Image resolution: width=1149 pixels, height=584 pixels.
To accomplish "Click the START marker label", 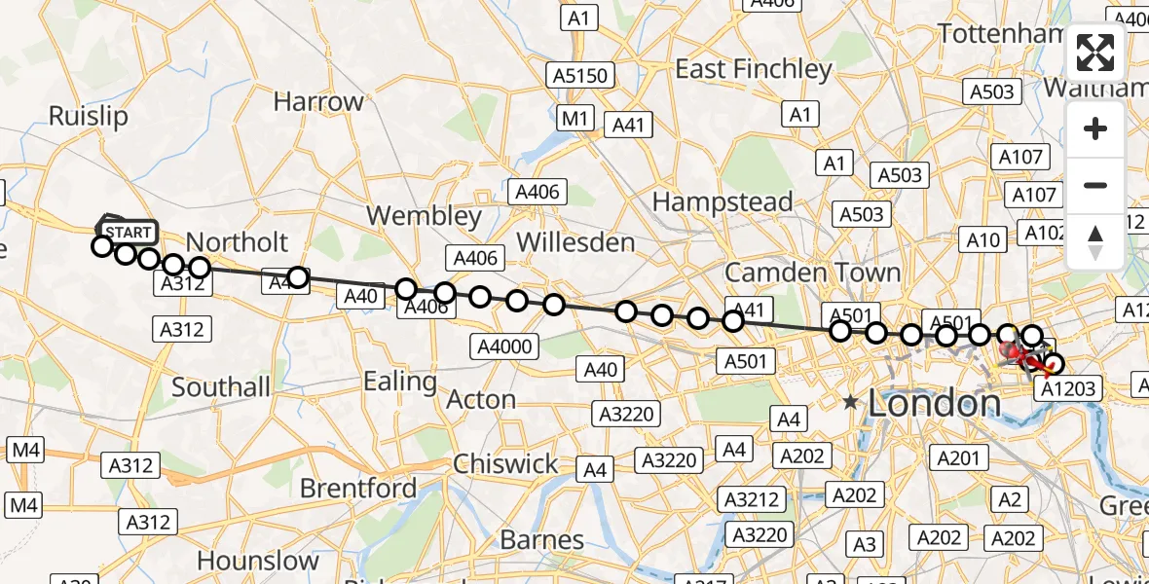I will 127,233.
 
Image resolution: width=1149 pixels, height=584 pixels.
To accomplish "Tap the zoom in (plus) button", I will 1095,129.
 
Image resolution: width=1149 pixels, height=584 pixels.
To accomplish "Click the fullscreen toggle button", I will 1095,53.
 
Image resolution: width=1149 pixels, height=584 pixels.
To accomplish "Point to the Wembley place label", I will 425,216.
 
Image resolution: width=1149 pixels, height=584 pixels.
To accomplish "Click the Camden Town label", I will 812,273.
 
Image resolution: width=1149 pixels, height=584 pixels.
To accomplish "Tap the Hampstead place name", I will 722,201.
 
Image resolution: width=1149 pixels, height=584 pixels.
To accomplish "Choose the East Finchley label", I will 754,69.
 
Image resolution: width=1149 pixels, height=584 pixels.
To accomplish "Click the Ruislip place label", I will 88,117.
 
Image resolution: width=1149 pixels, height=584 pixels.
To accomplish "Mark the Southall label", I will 221,387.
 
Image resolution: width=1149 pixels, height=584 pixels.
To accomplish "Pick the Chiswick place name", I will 505,463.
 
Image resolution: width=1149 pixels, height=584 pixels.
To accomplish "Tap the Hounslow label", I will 257,561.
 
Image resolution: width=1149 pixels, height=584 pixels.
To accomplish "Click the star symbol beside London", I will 851,402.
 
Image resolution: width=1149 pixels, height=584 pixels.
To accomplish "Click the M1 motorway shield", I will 575,119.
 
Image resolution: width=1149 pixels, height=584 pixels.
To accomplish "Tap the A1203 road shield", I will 1067,389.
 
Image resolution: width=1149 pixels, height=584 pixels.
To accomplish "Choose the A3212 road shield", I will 753,499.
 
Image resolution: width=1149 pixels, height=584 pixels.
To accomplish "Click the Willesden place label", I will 575,241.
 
